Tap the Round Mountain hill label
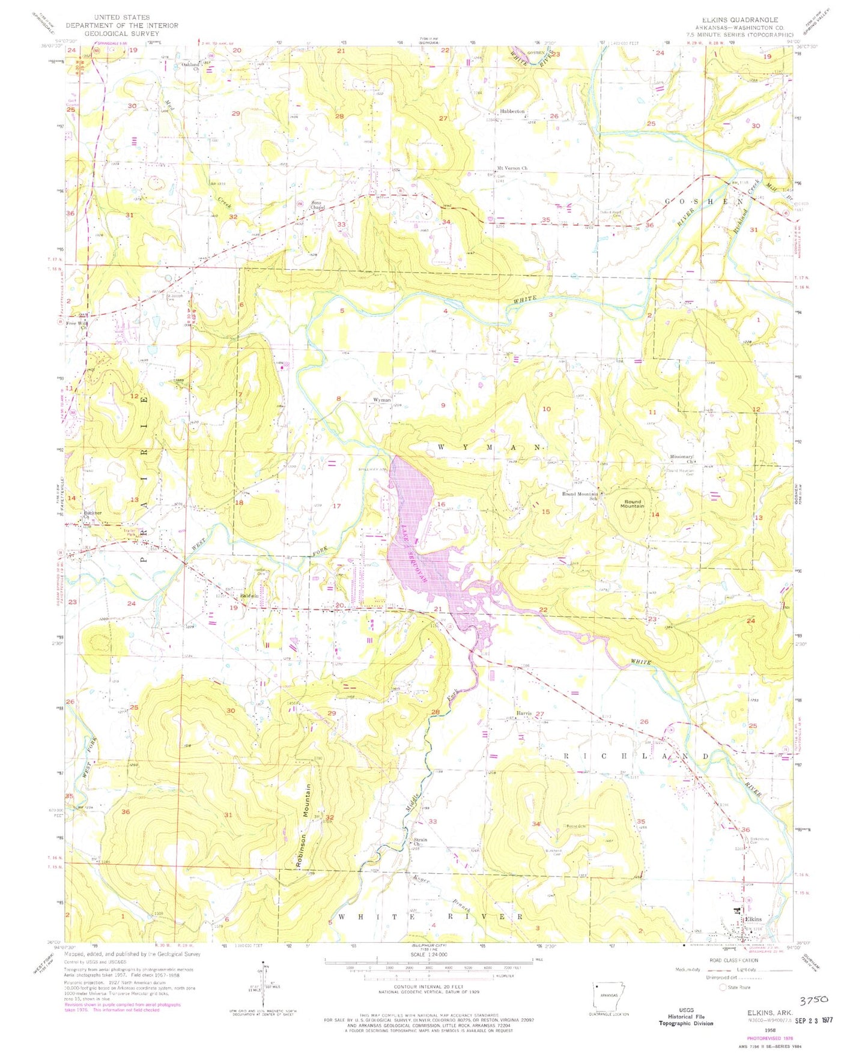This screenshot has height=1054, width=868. click(632, 503)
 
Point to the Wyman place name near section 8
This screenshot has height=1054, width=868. click(382, 399)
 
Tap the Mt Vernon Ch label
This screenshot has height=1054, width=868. click(512, 168)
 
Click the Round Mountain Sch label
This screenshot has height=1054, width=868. click(580, 495)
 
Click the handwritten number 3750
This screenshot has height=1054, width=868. click(814, 999)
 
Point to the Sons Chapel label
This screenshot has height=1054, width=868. click(318, 205)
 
